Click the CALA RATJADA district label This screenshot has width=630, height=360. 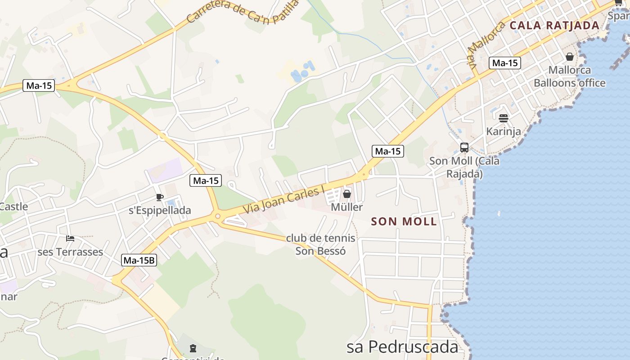coord(554,26)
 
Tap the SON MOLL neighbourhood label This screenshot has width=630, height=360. coord(404,221)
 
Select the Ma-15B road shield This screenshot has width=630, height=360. coord(139,260)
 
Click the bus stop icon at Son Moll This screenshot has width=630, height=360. coord(464,148)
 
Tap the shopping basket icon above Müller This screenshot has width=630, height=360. coord(347,194)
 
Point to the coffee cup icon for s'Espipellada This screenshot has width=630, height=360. coord(159,197)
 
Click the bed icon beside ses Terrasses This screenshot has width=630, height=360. coord(70,238)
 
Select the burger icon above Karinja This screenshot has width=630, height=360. coord(504,118)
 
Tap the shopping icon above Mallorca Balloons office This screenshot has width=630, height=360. coord(570,57)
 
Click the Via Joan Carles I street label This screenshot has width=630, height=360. coord(284,201)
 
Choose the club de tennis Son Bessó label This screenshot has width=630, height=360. coord(321,244)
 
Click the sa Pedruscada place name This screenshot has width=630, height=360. coord(402,347)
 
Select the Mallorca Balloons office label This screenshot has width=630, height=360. coord(570,76)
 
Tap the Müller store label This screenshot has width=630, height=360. coord(346,207)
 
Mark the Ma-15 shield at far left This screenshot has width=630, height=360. coord(39,85)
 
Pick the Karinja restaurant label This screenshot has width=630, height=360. coord(504,131)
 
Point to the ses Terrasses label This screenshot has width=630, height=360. coord(70,252)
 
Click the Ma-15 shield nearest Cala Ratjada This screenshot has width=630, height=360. coord(505,63)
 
